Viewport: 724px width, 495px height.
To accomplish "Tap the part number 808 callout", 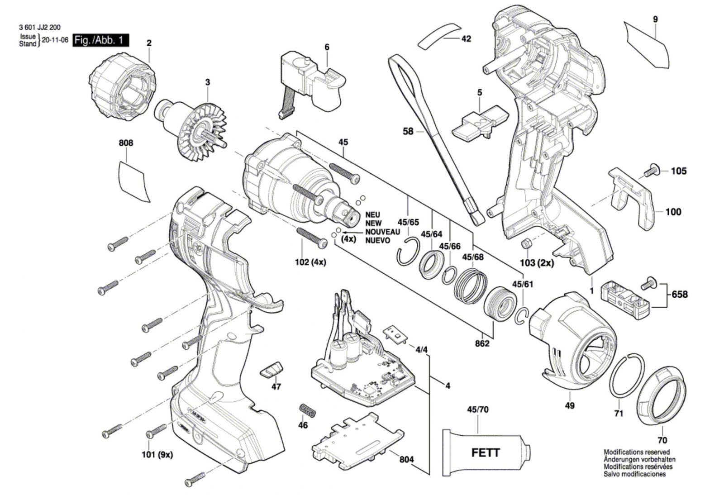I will [x=126, y=143].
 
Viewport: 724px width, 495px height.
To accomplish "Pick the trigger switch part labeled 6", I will [x=312, y=86].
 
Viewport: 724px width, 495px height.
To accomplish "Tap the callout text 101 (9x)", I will [x=157, y=455].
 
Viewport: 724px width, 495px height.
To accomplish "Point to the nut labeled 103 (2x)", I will [x=526, y=243].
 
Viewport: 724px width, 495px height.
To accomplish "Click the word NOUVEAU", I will [x=382, y=232].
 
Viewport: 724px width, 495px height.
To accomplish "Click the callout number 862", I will [x=482, y=344].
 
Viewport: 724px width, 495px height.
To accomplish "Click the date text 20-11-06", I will [x=55, y=40].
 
